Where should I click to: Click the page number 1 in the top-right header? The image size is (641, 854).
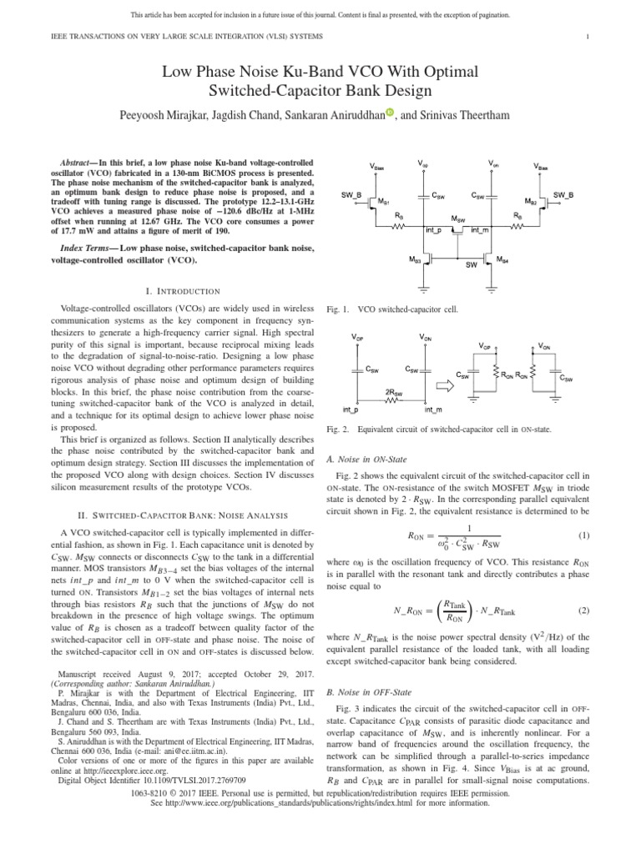588,37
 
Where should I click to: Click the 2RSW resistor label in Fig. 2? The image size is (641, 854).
395,391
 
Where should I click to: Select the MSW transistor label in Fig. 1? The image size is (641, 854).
457,219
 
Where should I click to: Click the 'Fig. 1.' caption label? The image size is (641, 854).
337,309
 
